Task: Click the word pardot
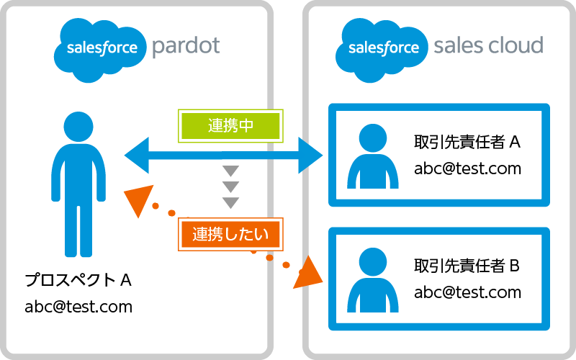186,47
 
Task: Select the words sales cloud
488,47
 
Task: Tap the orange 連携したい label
230,233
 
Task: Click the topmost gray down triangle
230,171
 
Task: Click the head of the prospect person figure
78,127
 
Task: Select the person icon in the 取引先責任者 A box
372,155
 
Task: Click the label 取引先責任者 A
467,143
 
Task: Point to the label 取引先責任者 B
467,266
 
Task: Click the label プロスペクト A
78,279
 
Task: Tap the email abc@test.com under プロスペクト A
78,306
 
